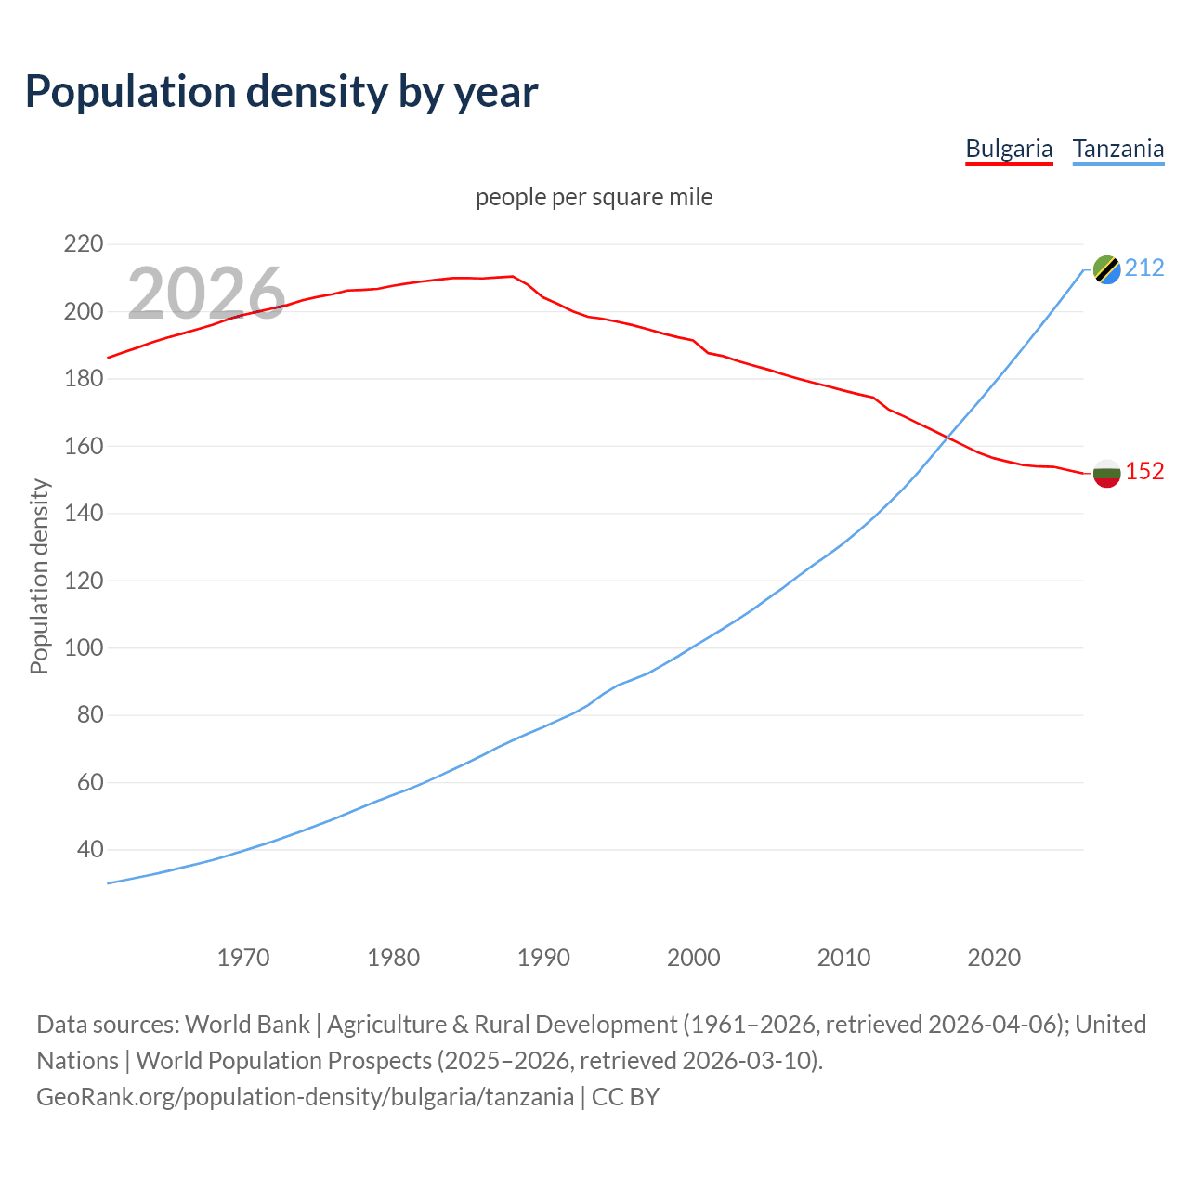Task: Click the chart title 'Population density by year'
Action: (x=281, y=91)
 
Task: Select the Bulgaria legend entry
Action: (x=1009, y=149)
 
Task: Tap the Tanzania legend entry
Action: (x=1117, y=149)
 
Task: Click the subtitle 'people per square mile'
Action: (x=594, y=197)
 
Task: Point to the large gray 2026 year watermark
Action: (x=206, y=294)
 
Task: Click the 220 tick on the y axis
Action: (x=83, y=244)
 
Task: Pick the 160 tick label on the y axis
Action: (x=83, y=446)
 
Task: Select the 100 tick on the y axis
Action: (x=83, y=647)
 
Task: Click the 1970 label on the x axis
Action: (x=243, y=958)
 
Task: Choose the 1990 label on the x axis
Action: (x=543, y=958)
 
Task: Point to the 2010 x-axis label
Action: (x=843, y=958)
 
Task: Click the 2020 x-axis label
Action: (x=994, y=958)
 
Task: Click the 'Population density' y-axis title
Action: (x=39, y=576)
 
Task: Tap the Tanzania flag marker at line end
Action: (x=1106, y=269)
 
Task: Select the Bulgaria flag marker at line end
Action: (x=1106, y=473)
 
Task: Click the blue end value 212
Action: (x=1144, y=268)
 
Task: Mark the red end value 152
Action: (x=1144, y=472)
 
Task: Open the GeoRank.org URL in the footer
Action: (x=305, y=1097)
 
